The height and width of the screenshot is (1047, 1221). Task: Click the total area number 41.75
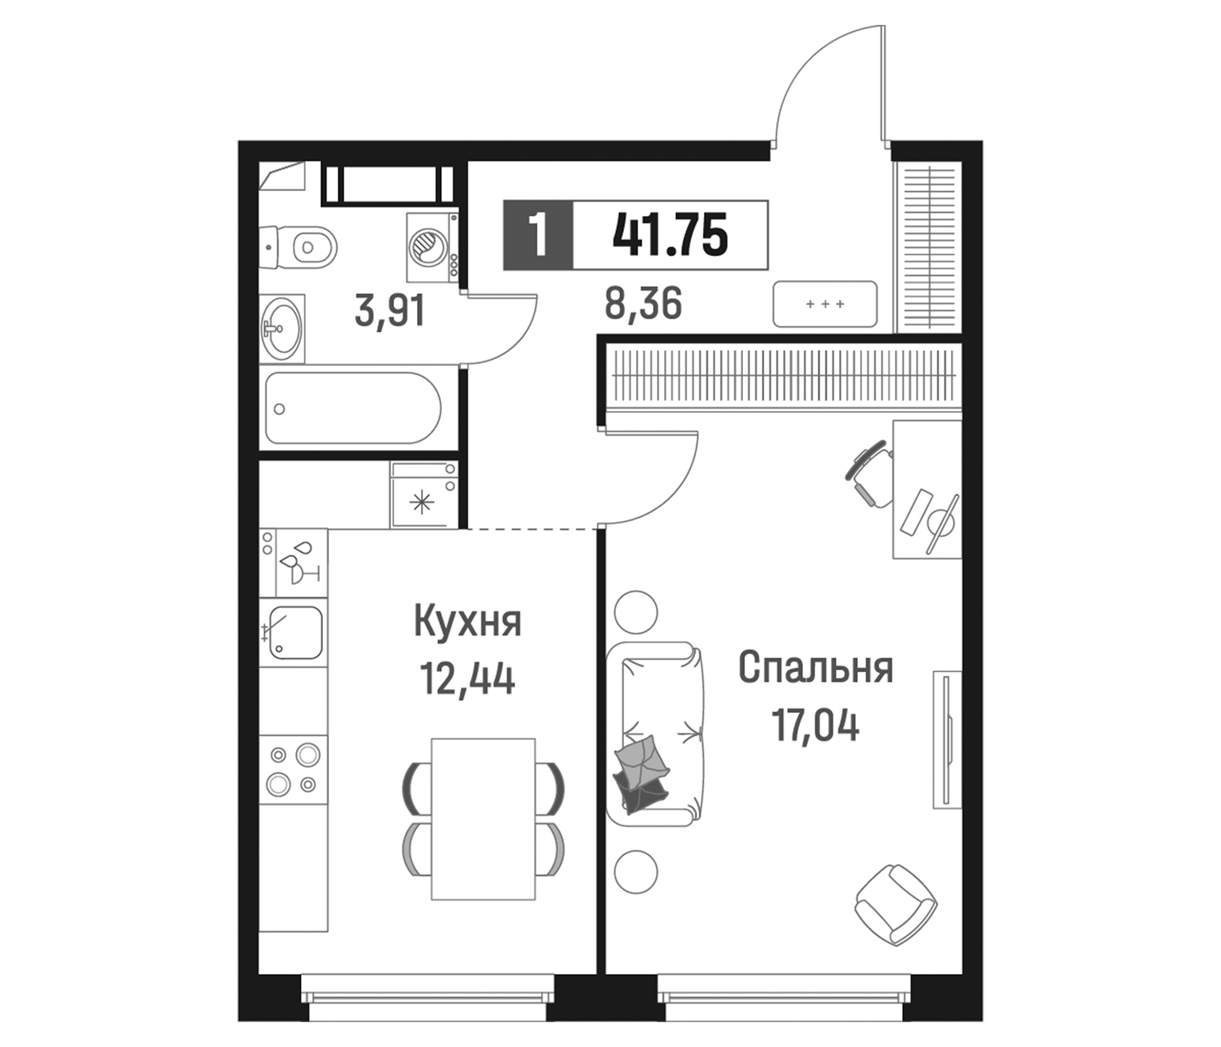pos(670,235)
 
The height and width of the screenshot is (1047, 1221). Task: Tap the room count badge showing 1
pos(537,235)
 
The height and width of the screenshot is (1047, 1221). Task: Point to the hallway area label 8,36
pos(643,304)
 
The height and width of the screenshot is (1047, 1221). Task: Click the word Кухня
pos(468,622)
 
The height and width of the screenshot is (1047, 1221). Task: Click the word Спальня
pos(816,668)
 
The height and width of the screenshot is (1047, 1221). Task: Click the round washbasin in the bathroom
pos(281,329)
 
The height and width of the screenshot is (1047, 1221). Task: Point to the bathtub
pos(353,408)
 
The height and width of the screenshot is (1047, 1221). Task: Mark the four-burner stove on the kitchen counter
pos(294,770)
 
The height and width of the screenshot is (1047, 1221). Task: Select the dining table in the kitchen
pos(483,819)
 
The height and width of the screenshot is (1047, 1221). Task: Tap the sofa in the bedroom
pos(654,734)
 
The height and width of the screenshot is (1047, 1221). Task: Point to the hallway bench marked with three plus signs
pos(825,304)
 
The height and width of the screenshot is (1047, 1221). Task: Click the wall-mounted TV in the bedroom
pos(947,740)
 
